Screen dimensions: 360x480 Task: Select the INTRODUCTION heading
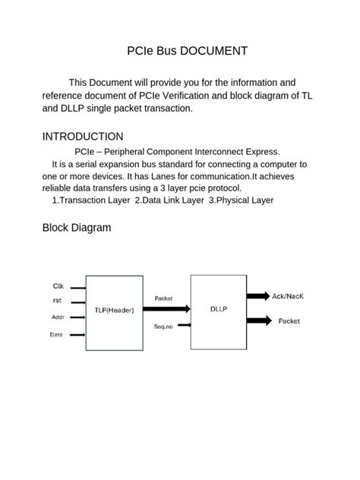(83, 137)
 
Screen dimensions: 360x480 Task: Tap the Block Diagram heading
(77, 227)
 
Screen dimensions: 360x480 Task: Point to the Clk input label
(58, 286)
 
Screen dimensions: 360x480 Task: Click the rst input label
(57, 302)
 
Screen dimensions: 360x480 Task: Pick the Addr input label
(58, 317)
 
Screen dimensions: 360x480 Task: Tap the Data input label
(57, 334)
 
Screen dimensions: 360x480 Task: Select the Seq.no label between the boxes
(163, 326)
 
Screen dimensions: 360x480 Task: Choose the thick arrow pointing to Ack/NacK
(257, 295)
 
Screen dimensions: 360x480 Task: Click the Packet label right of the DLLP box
(289, 321)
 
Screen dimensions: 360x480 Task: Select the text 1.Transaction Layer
(91, 201)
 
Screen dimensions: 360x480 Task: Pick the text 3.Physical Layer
(241, 201)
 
